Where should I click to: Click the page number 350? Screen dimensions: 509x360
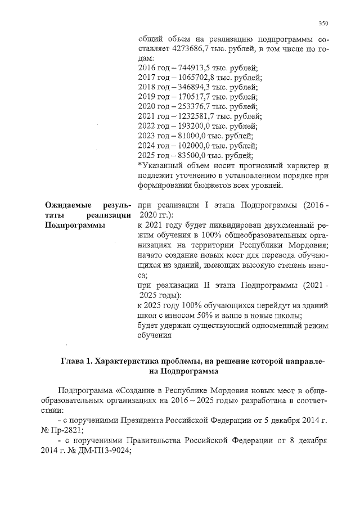[x=323, y=23]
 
